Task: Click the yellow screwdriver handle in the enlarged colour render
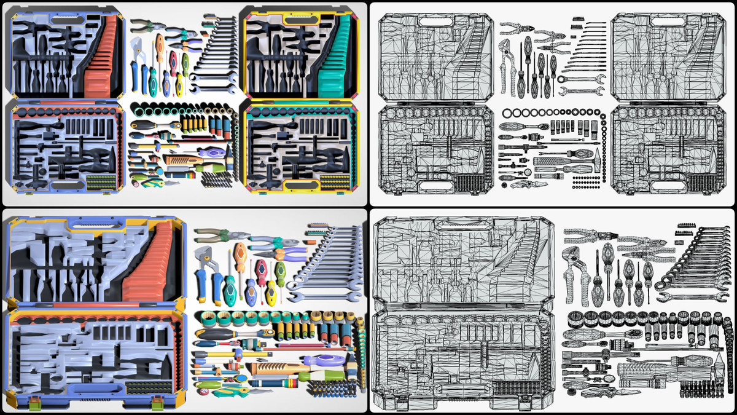coord(271,290)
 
